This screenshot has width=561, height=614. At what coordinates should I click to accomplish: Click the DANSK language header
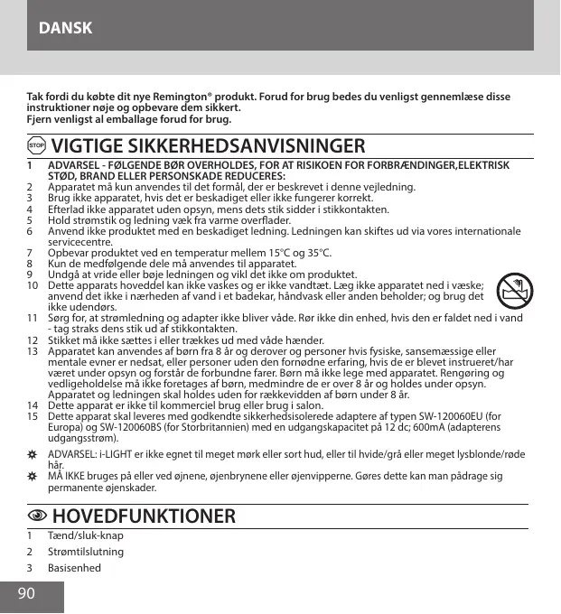[x=66, y=28]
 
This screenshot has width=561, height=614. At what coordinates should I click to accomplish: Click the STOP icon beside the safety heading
[x=36, y=145]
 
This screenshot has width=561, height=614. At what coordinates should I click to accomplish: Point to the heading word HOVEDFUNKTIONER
[x=145, y=516]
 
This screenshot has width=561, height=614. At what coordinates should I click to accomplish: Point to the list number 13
[x=32, y=350]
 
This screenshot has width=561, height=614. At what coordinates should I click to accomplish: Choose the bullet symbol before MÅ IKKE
[x=32, y=475]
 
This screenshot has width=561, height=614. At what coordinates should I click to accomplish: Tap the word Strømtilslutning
[x=86, y=551]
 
